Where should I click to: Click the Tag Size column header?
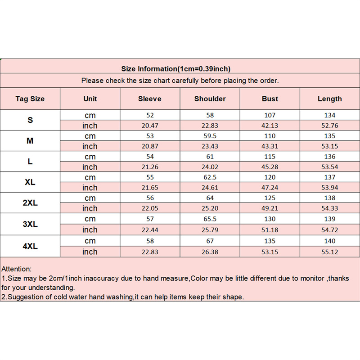(30, 99)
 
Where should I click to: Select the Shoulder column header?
(210, 99)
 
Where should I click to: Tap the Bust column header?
(270, 99)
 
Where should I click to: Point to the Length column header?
(330, 99)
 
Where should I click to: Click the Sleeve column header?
(150, 99)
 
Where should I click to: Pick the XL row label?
(30, 182)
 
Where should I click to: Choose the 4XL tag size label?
(30, 246)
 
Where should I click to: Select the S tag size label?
(30, 120)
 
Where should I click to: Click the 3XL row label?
(30, 224)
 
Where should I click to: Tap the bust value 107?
(270, 115)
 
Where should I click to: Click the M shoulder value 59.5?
(210, 136)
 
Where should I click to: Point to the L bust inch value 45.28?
(270, 167)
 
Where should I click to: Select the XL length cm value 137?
(330, 177)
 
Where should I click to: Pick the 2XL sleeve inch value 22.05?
(150, 208)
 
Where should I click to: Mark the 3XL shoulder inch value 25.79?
(210, 230)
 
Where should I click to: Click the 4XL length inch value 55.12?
(330, 252)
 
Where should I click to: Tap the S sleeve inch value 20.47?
(150, 126)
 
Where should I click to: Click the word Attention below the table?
(17, 269)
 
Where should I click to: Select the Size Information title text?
(176, 69)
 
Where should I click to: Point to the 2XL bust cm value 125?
(270, 198)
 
